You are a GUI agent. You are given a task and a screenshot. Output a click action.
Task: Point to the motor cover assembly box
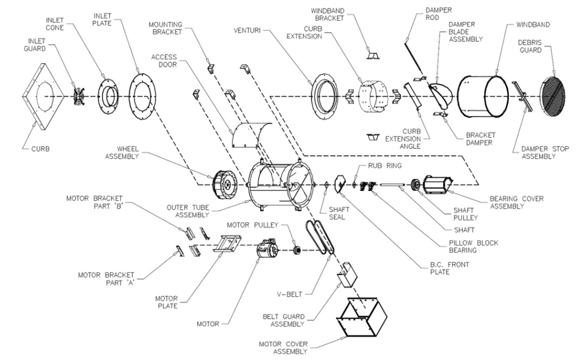361,317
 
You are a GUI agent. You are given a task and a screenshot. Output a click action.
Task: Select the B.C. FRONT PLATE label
437,268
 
